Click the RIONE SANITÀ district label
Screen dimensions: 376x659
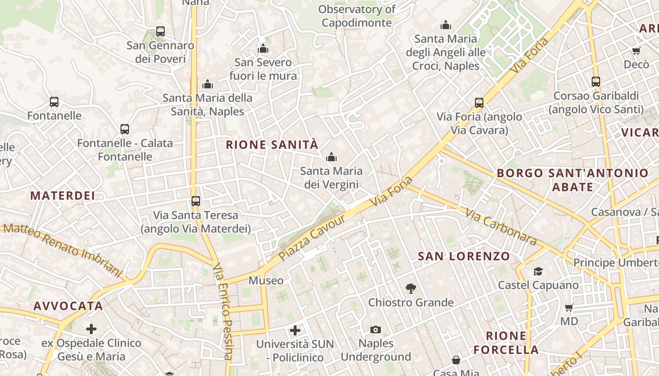(272, 145)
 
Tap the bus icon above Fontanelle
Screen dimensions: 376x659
(54, 102)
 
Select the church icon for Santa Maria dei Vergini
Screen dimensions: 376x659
(331, 157)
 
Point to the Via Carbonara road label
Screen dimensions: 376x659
(501, 227)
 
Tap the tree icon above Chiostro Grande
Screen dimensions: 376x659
(411, 289)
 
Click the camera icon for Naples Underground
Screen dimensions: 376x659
(375, 329)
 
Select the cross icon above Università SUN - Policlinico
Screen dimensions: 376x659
(295, 330)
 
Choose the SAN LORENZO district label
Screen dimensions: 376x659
(464, 256)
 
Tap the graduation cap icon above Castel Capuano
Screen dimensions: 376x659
(538, 271)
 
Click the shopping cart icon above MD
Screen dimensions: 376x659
(569, 308)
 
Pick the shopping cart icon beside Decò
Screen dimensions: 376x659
(636, 51)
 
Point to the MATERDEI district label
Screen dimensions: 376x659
(63, 196)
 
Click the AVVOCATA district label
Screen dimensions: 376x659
(68, 306)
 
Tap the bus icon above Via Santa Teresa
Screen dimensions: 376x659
(196, 201)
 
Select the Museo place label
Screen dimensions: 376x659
(266, 281)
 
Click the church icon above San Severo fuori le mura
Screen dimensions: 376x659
(263, 48)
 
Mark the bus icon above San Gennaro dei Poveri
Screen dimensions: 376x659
(161, 31)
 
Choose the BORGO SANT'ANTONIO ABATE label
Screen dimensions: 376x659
(572, 180)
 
